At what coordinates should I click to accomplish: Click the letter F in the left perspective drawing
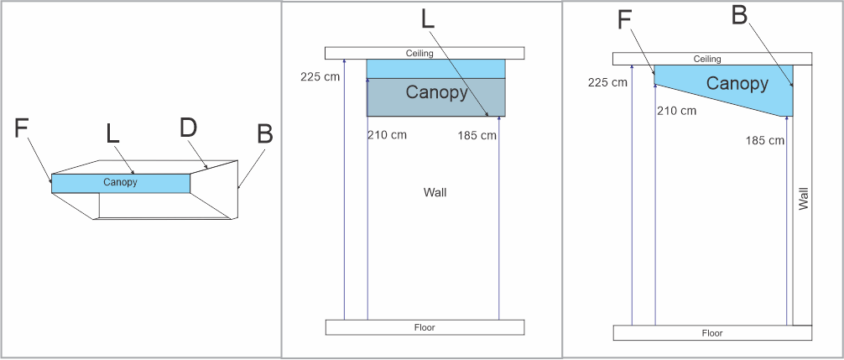(23, 128)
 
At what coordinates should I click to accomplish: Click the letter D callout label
(189, 128)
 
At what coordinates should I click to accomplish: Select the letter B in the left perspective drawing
(264, 134)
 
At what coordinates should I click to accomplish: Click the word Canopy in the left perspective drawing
(120, 182)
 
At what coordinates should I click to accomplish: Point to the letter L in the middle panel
(428, 19)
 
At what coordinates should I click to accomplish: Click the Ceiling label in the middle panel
(419, 54)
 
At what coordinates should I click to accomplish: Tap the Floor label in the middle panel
(425, 327)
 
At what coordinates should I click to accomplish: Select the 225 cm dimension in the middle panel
(320, 77)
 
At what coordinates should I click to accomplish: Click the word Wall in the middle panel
(435, 192)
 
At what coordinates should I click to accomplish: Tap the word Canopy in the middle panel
(436, 92)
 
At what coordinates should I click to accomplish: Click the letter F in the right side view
(624, 20)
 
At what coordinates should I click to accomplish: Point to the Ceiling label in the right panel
(707, 59)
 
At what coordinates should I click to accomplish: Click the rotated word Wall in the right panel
(804, 198)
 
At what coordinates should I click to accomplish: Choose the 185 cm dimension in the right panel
(764, 141)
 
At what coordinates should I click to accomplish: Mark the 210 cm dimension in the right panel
(676, 111)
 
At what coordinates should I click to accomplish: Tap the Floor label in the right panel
(712, 333)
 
